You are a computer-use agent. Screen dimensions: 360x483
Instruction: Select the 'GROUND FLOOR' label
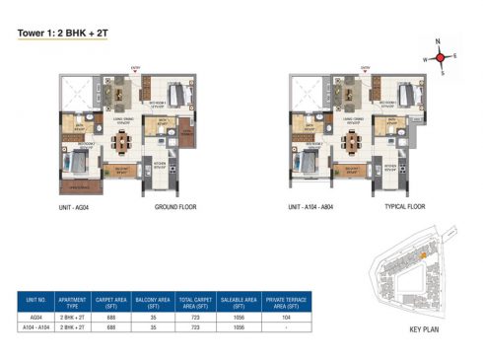[x=176, y=209]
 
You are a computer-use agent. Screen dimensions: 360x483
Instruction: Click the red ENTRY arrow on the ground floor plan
[x=134, y=72]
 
